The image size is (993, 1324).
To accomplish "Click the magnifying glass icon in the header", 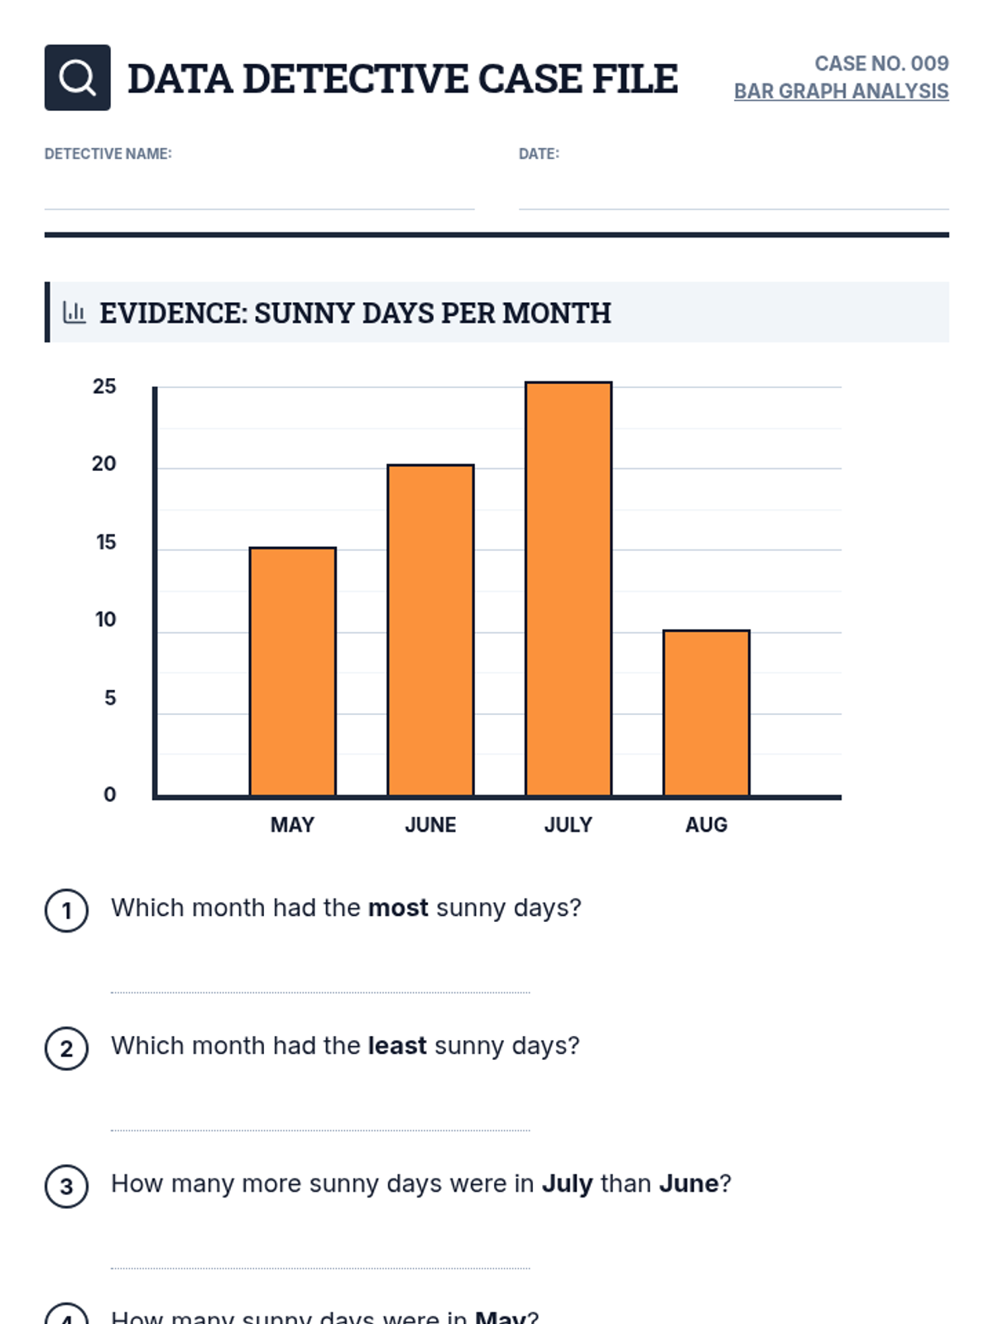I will (77, 78).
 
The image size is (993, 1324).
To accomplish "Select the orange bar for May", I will (293, 671).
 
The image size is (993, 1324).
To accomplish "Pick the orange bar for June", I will (430, 630).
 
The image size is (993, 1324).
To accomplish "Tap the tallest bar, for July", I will (568, 588).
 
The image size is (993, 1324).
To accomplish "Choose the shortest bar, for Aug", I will (706, 712).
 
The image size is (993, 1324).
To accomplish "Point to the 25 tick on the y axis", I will (104, 386).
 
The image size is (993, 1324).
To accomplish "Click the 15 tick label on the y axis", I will (105, 542).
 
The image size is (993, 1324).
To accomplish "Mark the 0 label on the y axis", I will (109, 794).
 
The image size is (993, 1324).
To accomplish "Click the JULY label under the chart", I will (568, 825).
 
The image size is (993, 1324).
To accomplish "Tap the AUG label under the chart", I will (706, 825).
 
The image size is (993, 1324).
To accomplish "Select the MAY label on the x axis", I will (292, 825).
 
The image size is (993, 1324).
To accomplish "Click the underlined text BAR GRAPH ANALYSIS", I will (841, 91).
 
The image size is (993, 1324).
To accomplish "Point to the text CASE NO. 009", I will (881, 64).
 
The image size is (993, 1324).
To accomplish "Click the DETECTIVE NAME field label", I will (108, 154).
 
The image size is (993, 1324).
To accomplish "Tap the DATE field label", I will (539, 154).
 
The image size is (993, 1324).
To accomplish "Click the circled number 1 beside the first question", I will (66, 911).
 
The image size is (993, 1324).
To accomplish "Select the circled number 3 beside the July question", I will (66, 1187).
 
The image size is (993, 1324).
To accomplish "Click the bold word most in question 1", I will (398, 908).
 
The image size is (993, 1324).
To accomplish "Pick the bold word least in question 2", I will (397, 1046).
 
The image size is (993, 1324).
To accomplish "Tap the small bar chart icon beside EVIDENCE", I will (74, 312).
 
